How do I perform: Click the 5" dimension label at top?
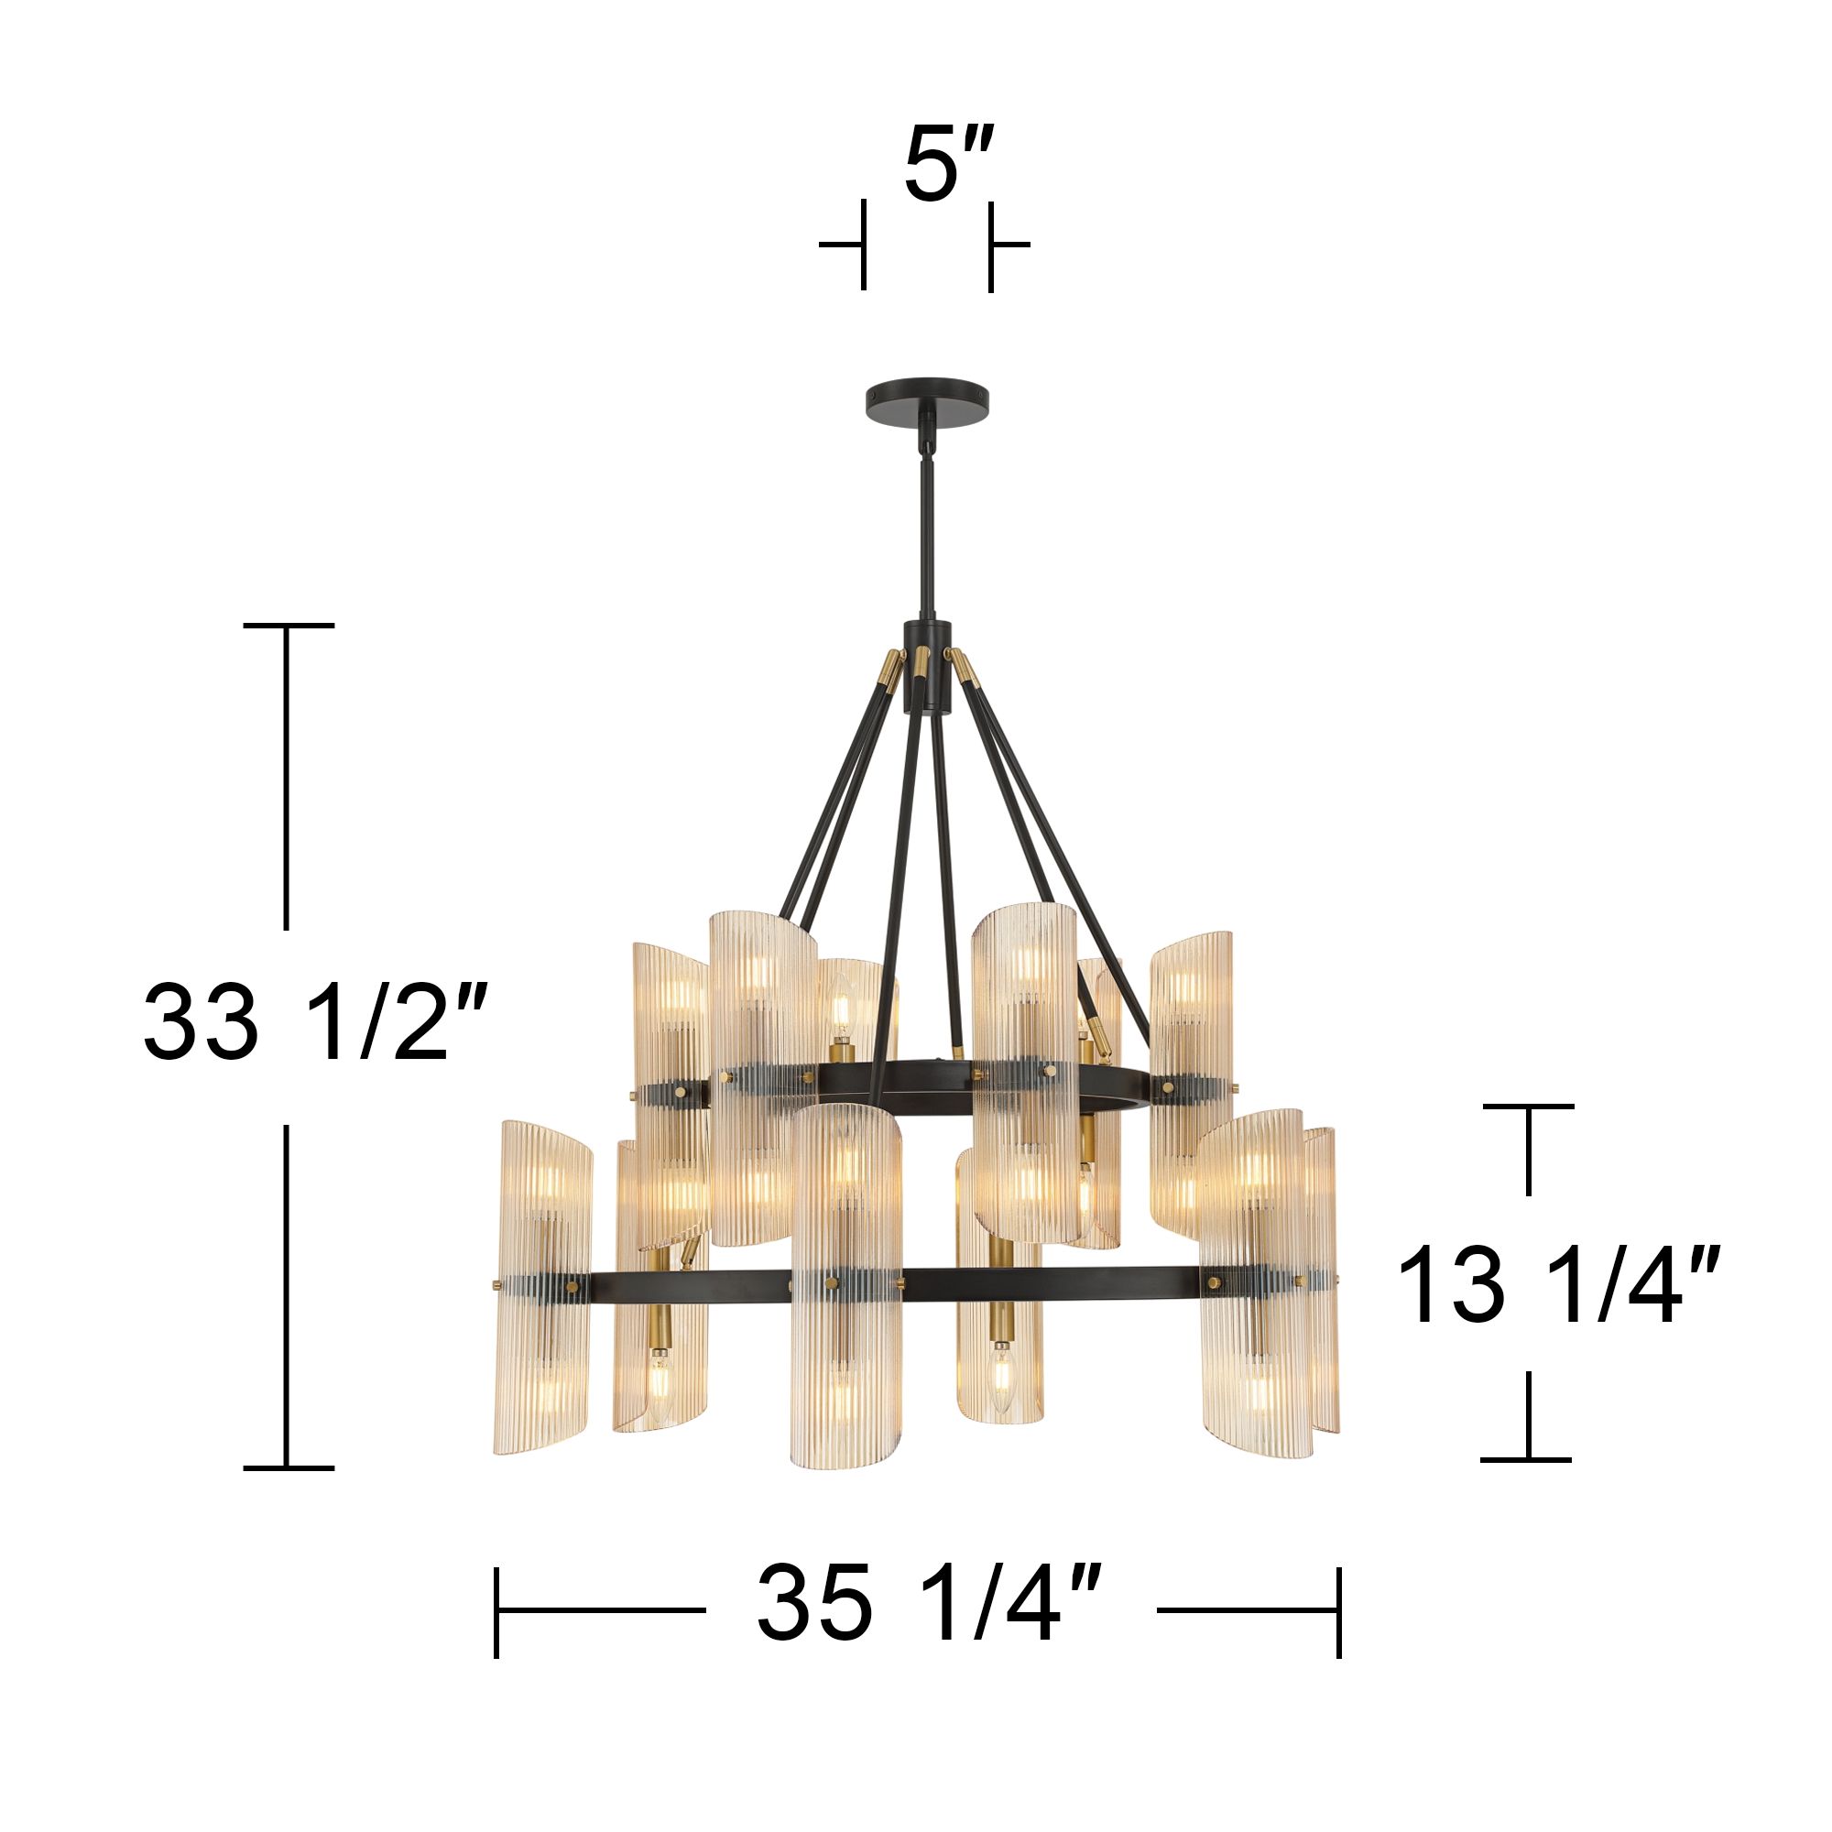[x=946, y=165]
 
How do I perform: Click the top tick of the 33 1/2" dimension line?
[x=289, y=626]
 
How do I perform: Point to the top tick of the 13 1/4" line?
[x=1528, y=1106]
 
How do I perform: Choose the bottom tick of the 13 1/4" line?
[x=1528, y=1458]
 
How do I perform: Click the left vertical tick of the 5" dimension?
[x=863, y=245]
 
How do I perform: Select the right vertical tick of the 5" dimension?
[x=991, y=245]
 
